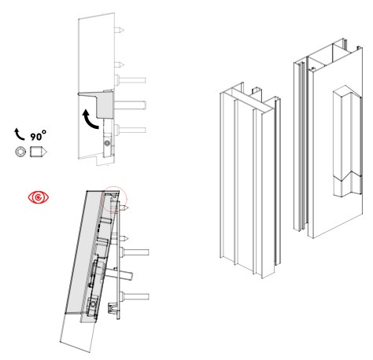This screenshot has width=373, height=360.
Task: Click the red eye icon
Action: tap(39, 197)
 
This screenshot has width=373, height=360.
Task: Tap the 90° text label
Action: tap(39, 136)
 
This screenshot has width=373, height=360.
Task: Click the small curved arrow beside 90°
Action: tap(19, 134)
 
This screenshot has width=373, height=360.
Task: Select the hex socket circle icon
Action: tap(20, 152)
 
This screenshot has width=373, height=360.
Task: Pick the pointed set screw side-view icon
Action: tap(39, 152)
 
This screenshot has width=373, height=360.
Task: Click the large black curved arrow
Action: tap(89, 120)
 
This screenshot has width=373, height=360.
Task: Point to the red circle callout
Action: tap(114, 199)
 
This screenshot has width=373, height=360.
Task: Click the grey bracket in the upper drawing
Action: tap(101, 103)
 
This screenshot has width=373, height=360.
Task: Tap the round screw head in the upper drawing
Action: tap(107, 143)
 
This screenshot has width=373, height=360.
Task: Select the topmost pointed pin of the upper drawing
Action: tap(119, 30)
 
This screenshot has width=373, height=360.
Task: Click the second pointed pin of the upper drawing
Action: tap(119, 64)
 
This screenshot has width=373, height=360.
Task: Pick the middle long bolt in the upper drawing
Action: tap(130, 105)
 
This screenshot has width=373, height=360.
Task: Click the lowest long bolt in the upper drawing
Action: tap(131, 130)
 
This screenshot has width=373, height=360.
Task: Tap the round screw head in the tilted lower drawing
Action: tap(92, 304)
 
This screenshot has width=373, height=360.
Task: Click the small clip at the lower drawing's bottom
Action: tap(113, 308)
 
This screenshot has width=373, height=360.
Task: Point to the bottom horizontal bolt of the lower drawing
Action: tap(134, 296)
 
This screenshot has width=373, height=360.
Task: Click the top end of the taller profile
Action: tap(328, 55)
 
